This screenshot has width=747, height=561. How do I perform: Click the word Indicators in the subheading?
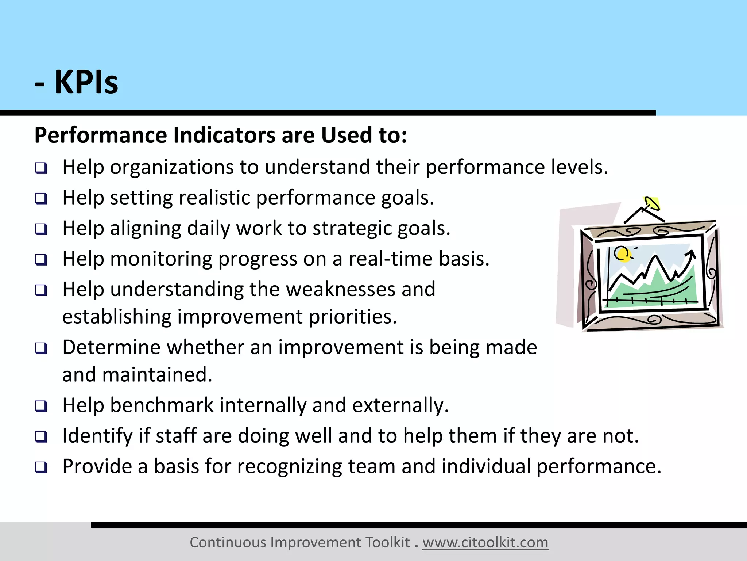(x=224, y=135)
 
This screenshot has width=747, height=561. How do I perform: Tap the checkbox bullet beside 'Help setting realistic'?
(x=41, y=199)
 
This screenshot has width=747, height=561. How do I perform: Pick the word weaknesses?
(x=340, y=289)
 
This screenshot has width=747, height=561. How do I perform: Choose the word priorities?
(x=352, y=317)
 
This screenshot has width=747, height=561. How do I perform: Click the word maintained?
(x=157, y=375)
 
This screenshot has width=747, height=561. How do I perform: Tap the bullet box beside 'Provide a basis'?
(x=41, y=467)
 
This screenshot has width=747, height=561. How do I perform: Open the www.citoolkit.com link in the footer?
(x=485, y=542)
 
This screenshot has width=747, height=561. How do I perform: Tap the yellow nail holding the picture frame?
(x=652, y=203)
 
